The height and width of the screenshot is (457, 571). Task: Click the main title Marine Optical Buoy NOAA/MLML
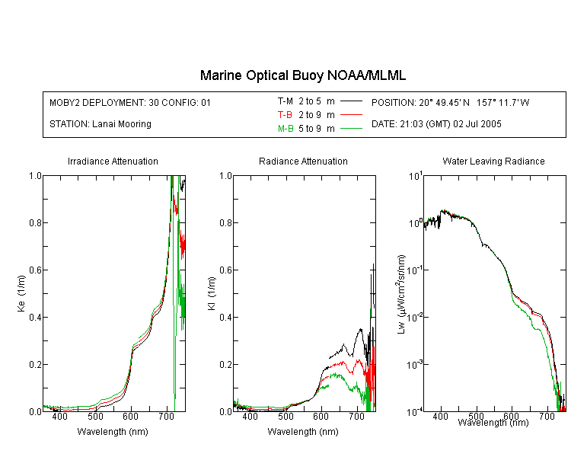(x=302, y=75)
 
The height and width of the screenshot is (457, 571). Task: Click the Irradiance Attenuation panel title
(x=113, y=161)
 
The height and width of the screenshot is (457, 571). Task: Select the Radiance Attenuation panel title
(x=303, y=161)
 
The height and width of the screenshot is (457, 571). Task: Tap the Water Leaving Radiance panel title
(x=493, y=161)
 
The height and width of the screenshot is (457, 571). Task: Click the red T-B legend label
(x=285, y=115)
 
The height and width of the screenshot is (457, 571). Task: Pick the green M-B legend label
(x=285, y=129)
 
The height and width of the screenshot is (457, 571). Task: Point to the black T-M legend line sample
(x=351, y=101)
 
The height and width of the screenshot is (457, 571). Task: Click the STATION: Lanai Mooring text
(x=100, y=124)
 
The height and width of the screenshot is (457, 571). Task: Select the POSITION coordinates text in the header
(x=450, y=102)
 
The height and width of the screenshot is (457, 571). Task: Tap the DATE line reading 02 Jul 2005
(x=436, y=124)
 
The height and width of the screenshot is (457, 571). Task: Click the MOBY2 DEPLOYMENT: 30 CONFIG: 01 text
(x=130, y=102)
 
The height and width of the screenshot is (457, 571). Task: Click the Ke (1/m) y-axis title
(x=21, y=293)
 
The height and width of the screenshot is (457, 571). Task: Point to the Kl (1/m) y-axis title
(x=212, y=293)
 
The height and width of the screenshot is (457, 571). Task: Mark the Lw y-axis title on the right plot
(x=401, y=294)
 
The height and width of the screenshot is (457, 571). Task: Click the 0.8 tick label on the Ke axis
(x=35, y=222)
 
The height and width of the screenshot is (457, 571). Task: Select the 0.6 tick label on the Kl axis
(x=225, y=270)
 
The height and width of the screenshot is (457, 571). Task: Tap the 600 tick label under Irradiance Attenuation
(x=130, y=416)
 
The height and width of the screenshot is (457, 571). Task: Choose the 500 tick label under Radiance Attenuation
(x=285, y=416)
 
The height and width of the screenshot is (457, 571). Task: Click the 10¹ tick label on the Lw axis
(x=416, y=176)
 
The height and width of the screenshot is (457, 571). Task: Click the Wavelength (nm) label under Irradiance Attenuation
(x=113, y=432)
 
